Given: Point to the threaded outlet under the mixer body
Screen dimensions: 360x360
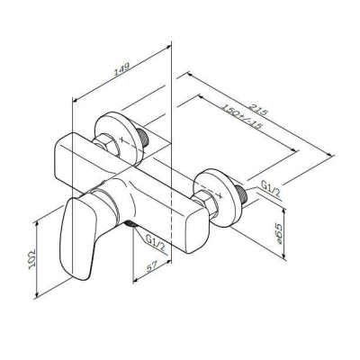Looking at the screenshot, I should (x=131, y=223).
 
